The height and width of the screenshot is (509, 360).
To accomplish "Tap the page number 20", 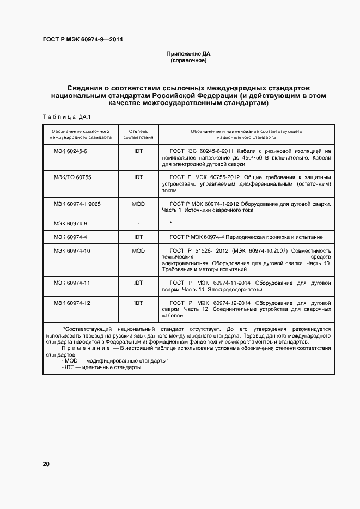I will pos(46,464).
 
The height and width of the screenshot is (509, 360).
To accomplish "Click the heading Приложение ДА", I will pos(188,54).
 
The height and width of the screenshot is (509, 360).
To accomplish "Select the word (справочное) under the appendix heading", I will pos(188,61).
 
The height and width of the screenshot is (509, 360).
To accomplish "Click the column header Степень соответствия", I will pos(138,134).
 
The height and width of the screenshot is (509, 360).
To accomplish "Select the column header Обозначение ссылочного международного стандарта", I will pos(77,134).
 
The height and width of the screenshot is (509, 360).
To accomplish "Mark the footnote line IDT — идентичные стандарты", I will pos(102,367).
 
